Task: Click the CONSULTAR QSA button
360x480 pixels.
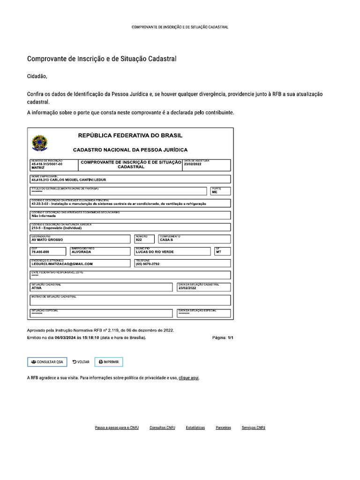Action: click(x=47, y=362)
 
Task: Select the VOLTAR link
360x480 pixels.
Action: click(x=81, y=362)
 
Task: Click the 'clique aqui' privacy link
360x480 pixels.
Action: click(x=189, y=377)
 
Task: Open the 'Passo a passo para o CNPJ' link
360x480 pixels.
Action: click(x=117, y=427)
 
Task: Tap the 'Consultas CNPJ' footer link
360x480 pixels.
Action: click(x=162, y=427)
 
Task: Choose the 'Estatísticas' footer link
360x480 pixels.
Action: click(x=195, y=427)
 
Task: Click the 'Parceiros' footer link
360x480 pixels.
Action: click(x=223, y=427)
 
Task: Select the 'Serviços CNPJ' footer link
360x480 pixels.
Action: click(x=254, y=427)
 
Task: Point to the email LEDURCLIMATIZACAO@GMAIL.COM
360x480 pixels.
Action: click(x=62, y=264)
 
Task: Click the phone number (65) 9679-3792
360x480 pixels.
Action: click(x=148, y=264)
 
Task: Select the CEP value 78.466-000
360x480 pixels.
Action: click(x=40, y=252)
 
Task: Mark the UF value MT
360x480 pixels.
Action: click(x=218, y=252)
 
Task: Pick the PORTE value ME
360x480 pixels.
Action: click(x=215, y=192)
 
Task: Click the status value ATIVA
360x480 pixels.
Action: click(x=37, y=288)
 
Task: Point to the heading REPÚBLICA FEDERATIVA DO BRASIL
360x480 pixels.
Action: click(x=130, y=135)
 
